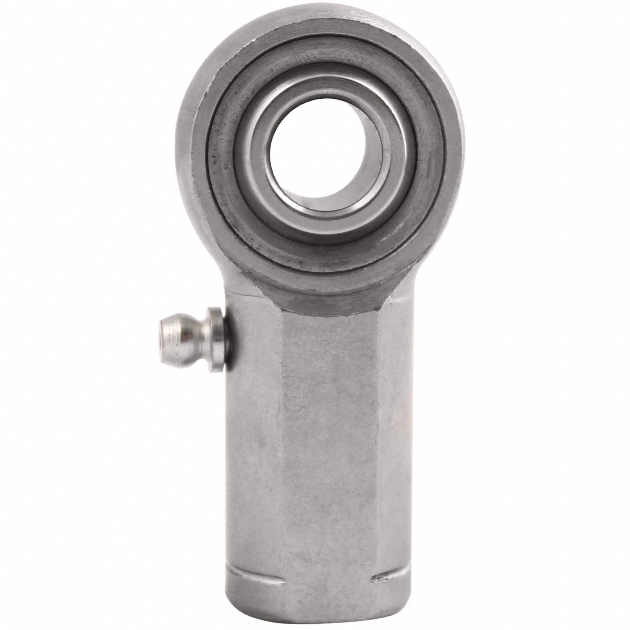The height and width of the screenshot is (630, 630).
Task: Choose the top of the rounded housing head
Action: click(313, 13)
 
